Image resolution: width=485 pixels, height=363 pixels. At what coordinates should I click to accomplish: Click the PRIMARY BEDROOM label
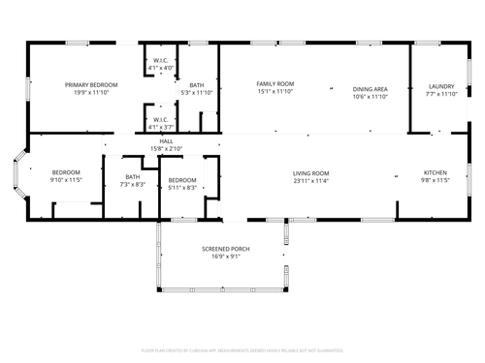[85, 85]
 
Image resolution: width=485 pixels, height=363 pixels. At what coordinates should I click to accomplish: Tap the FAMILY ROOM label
[275, 85]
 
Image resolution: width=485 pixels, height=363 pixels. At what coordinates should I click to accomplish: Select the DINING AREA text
[371, 88]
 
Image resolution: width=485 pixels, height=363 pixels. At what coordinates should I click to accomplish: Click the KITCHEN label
[436, 173]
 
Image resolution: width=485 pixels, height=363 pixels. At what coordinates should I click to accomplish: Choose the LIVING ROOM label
[311, 173]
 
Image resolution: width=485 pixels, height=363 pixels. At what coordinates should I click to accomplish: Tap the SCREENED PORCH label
[226, 249]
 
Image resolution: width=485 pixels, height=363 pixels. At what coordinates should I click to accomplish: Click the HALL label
[167, 141]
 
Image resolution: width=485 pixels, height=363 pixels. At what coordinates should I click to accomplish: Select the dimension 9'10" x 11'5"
[67, 180]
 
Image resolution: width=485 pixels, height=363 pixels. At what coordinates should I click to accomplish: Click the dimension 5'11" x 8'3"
[182, 187]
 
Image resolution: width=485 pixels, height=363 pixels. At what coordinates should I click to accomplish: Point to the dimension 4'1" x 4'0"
[161, 68]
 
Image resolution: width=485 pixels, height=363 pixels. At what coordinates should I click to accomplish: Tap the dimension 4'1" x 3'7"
[161, 128]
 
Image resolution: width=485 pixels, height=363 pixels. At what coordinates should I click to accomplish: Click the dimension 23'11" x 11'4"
[311, 180]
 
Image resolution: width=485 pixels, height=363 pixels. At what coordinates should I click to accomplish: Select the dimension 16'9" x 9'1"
[226, 257]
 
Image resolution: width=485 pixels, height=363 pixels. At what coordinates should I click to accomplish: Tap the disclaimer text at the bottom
[242, 349]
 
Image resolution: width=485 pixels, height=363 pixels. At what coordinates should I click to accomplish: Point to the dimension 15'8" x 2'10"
[167, 149]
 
